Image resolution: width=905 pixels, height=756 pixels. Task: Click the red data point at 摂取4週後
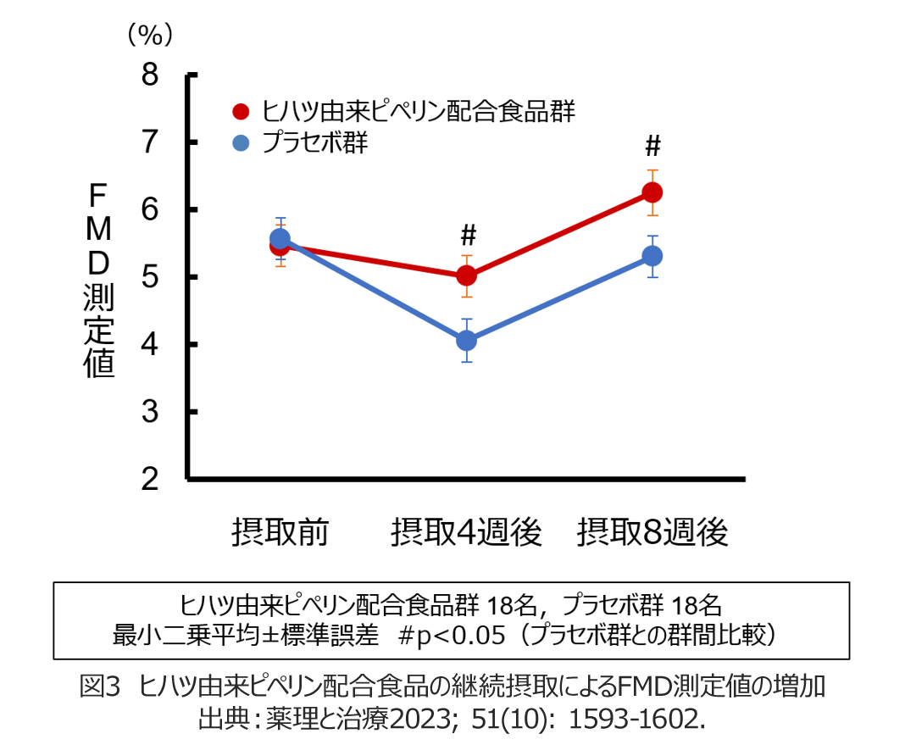pyautogui.click(x=466, y=275)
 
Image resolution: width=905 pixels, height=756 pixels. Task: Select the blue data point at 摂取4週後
pyautogui.click(x=466, y=341)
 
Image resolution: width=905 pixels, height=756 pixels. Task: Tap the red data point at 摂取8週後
pyautogui.click(x=652, y=192)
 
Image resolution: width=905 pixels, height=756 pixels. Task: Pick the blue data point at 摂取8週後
pyautogui.click(x=652, y=255)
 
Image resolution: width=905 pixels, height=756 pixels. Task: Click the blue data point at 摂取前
pyautogui.click(x=280, y=239)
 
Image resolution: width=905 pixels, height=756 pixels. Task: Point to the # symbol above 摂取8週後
pyautogui.click(x=652, y=147)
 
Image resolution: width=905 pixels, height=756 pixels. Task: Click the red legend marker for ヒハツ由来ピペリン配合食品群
pyautogui.click(x=242, y=112)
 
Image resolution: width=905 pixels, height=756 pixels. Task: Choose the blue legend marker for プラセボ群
pyautogui.click(x=242, y=142)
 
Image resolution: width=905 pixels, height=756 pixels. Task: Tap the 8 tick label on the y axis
pyautogui.click(x=150, y=75)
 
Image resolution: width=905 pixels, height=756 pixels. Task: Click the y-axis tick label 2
pyautogui.click(x=150, y=480)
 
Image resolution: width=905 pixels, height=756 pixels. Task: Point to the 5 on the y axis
pyautogui.click(x=150, y=277)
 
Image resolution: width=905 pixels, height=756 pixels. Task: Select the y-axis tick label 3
pyautogui.click(x=150, y=412)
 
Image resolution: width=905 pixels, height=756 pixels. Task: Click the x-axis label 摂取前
pyautogui.click(x=280, y=533)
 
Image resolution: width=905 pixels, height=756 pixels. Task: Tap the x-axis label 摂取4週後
pyautogui.click(x=466, y=533)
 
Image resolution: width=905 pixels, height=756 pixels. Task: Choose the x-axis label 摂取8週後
pyautogui.click(x=652, y=533)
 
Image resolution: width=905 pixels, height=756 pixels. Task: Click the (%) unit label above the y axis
pyautogui.click(x=150, y=34)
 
